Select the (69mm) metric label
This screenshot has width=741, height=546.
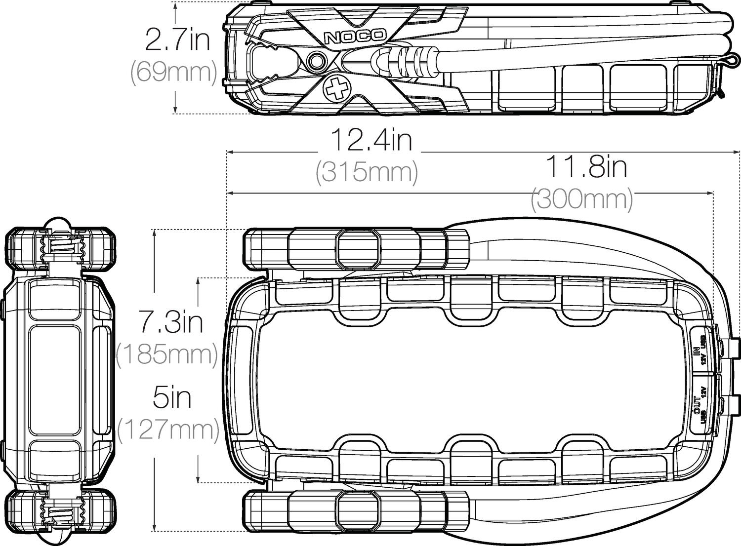click(x=173, y=72)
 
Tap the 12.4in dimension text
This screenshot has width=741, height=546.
click(x=370, y=140)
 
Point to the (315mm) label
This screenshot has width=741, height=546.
click(x=367, y=172)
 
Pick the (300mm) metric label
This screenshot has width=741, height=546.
click(x=581, y=200)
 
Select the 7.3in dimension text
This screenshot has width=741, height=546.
click(x=170, y=322)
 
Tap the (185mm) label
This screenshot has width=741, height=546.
click(x=167, y=354)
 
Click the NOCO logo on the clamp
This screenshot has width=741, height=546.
click(x=354, y=36)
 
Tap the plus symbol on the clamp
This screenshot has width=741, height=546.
click(x=335, y=89)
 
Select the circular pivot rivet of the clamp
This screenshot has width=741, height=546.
click(x=316, y=61)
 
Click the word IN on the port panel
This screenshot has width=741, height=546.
click(x=697, y=351)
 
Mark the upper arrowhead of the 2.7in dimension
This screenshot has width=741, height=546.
click(x=175, y=7)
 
